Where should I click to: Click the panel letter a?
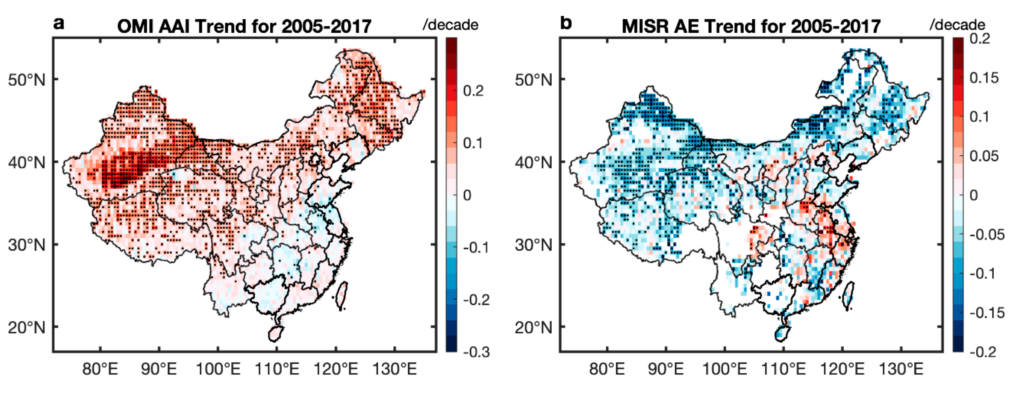[59, 24]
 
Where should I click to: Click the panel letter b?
[566, 24]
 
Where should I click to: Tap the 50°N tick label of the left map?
[27, 80]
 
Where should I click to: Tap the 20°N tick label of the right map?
[534, 327]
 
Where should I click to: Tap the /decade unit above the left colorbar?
[450, 25]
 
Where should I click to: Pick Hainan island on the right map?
[783, 334]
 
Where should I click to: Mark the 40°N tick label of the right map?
[534, 162]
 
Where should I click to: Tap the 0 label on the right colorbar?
[973, 195]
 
